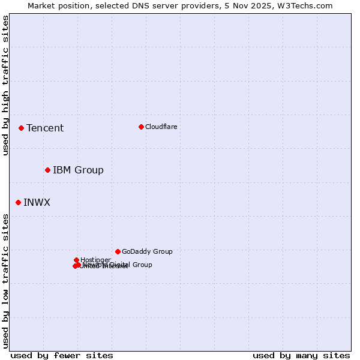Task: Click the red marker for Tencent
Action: [x=21, y=128]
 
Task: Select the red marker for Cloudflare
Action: [x=141, y=127]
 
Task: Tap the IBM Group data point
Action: [x=47, y=170]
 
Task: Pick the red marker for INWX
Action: [x=18, y=202]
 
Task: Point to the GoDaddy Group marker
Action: [x=118, y=251]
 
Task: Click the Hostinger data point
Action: [x=76, y=260]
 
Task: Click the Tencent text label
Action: [x=45, y=128]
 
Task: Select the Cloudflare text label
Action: [x=161, y=127]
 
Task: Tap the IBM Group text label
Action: [x=78, y=170]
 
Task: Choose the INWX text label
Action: [x=37, y=202]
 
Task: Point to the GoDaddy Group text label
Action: [x=147, y=251]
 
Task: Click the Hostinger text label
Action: [x=95, y=260]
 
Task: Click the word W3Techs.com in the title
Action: [x=308, y=5]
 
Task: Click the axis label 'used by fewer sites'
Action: [x=62, y=355]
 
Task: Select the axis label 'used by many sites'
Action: [x=301, y=355]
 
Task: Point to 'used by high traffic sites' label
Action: [x=5, y=85]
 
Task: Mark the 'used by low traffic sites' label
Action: [x=5, y=281]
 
